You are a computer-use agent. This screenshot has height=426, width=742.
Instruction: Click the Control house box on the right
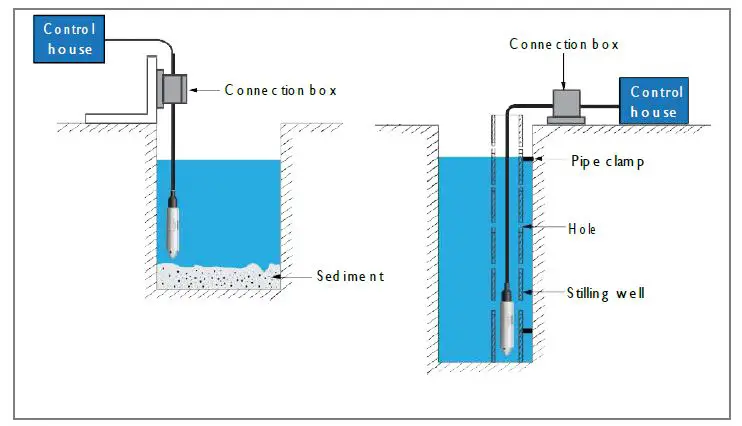[656, 101]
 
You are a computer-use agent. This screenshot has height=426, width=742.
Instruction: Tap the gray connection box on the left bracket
[175, 90]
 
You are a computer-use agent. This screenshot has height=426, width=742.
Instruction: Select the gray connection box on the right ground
[569, 101]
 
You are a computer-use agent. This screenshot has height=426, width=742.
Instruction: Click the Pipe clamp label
[607, 160]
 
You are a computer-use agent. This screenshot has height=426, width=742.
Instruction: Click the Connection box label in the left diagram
[280, 90]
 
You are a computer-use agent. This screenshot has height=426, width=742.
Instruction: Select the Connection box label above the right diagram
[564, 44]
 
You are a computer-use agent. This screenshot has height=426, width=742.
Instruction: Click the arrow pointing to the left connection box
[204, 90]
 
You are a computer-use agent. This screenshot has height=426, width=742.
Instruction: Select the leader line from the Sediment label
[297, 276]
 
